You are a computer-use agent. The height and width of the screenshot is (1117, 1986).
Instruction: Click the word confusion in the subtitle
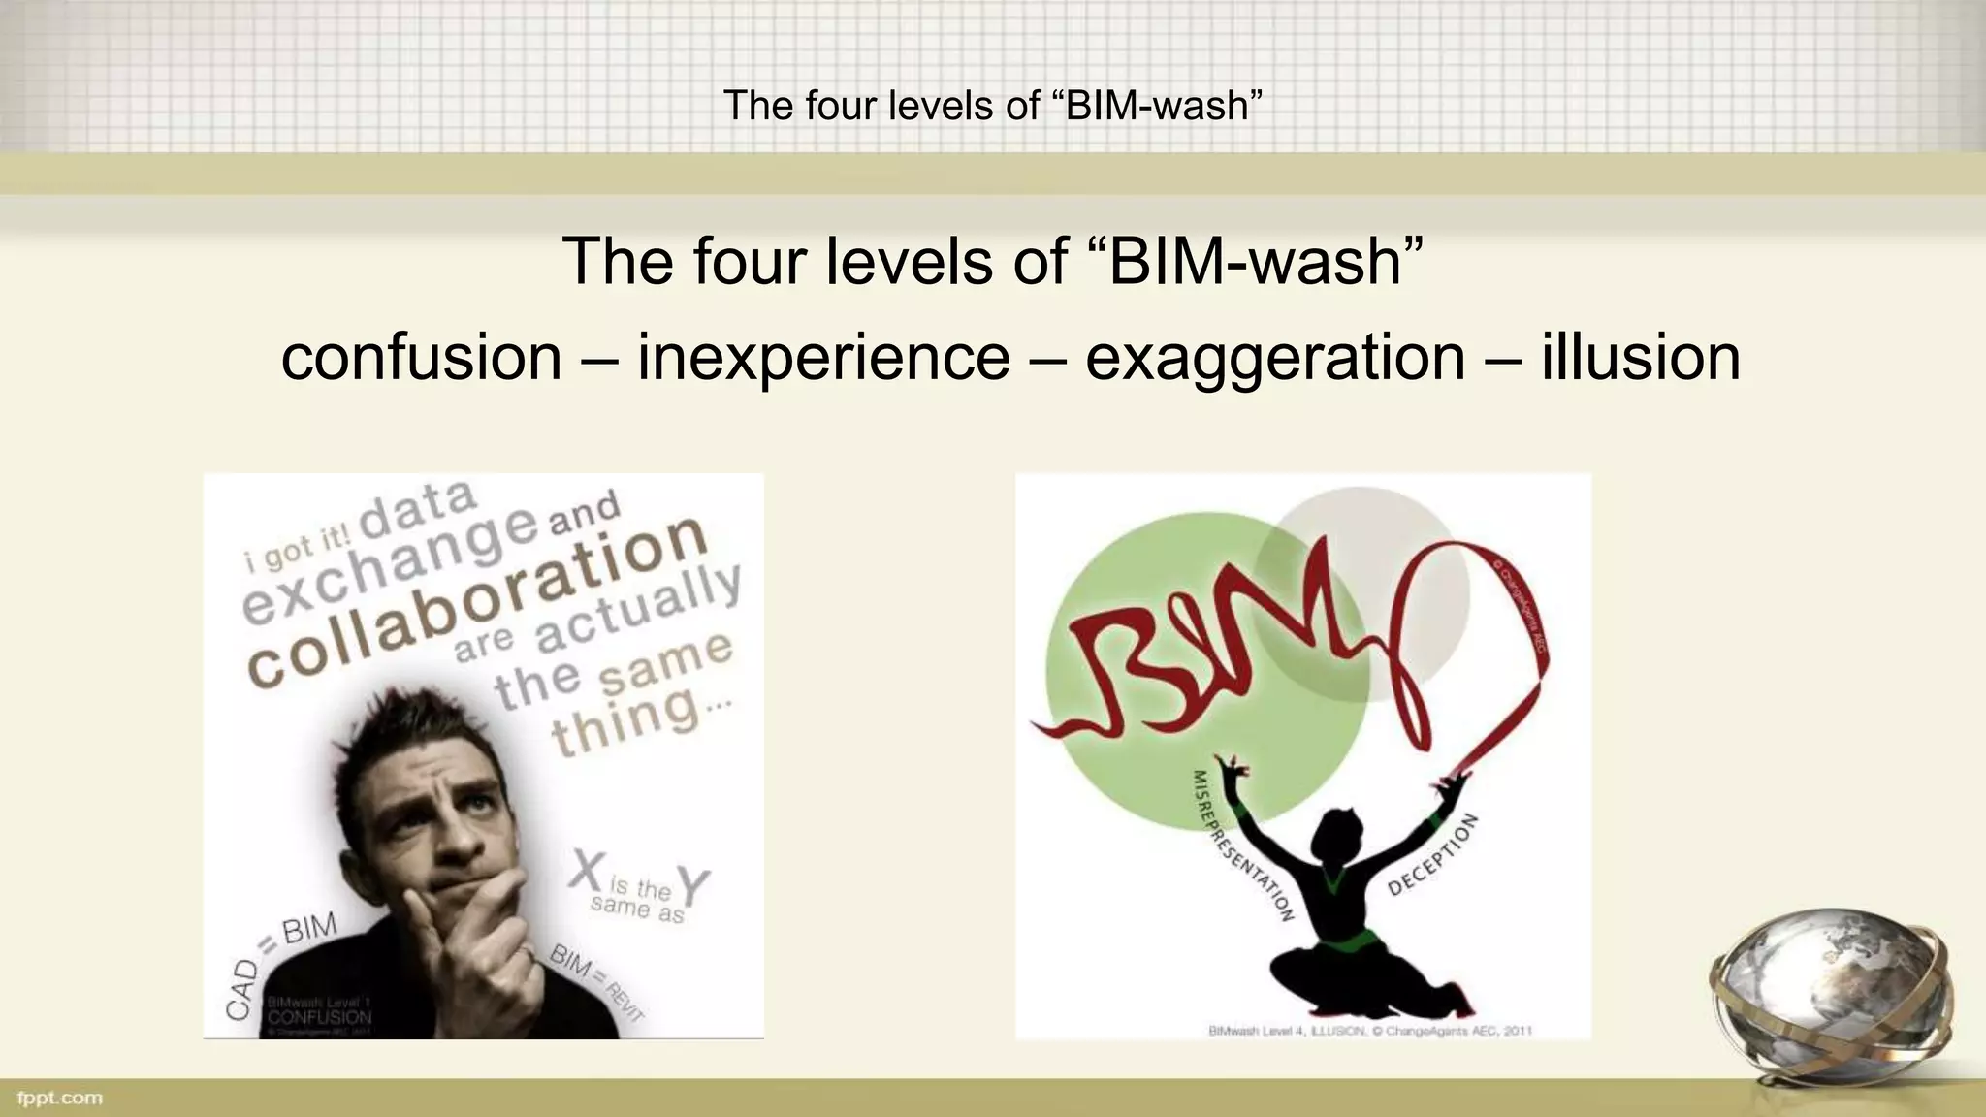coord(421,358)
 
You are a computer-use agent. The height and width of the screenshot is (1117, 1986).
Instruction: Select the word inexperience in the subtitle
coord(822,358)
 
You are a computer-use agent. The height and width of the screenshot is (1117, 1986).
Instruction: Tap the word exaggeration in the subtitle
coord(1274,358)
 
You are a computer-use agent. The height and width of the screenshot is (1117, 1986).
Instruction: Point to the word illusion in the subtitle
coord(1640,358)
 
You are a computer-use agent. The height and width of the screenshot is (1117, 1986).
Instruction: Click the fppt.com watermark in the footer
coord(60,1098)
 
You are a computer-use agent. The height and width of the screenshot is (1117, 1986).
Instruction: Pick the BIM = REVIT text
coord(596,981)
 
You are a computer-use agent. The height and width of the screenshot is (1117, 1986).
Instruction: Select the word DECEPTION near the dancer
coord(1433,853)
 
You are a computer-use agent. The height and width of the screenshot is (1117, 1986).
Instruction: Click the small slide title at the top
coord(992,105)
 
